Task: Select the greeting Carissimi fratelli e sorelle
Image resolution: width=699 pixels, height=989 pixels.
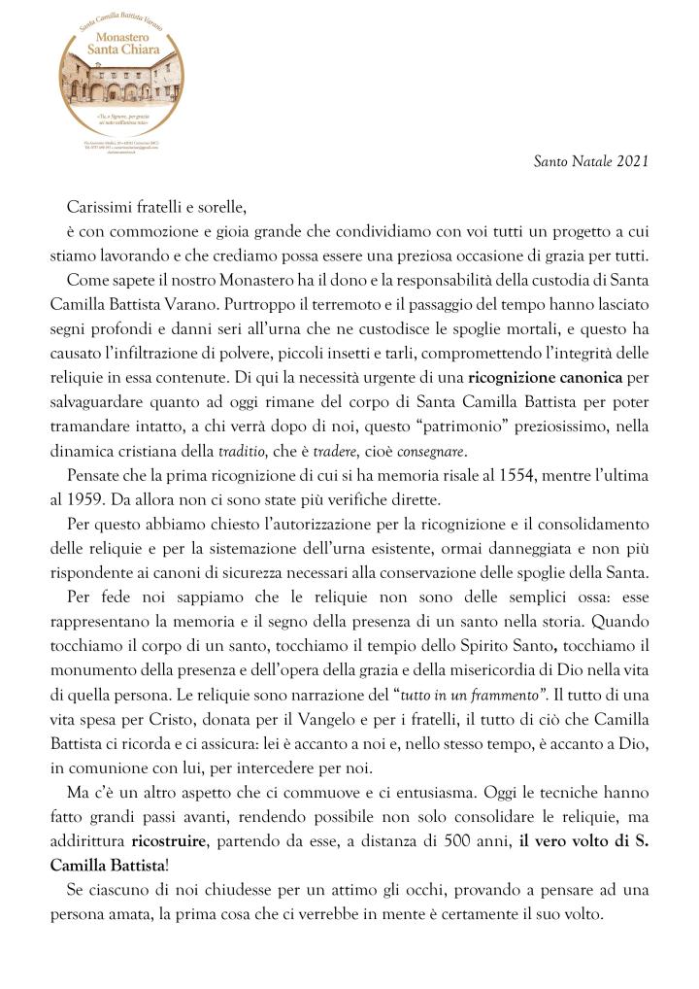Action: pyautogui.click(x=151, y=206)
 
